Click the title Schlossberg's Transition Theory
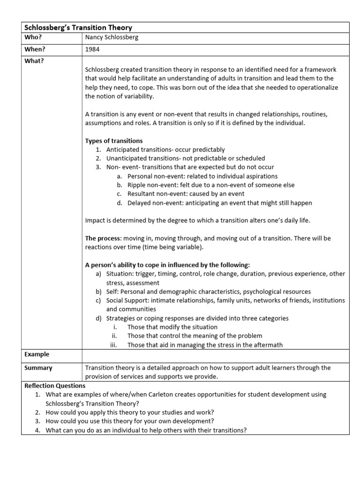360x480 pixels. tap(78, 28)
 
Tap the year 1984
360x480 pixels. tap(92, 49)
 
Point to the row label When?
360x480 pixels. tap(36, 49)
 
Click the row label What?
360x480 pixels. tap(34, 60)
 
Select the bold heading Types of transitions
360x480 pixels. tap(114, 141)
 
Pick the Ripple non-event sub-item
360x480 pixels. tap(211, 185)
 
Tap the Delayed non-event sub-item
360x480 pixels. tap(219, 203)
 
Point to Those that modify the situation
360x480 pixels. tap(172, 327)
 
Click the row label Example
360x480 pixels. tap(37, 355)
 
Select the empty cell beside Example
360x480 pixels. tap(216, 355)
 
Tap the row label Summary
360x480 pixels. tap(38, 368)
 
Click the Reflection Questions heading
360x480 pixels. tap(55, 386)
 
